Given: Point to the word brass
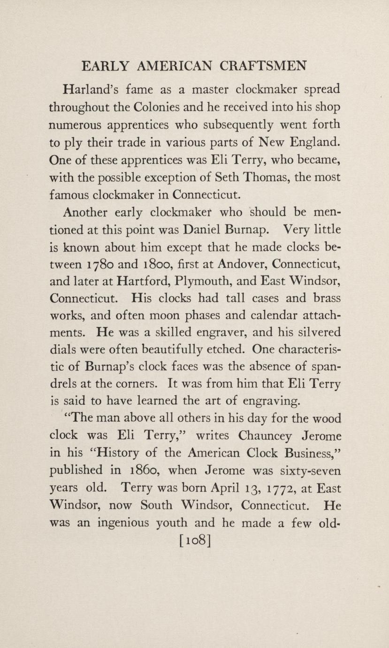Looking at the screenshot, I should tap(324, 298).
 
